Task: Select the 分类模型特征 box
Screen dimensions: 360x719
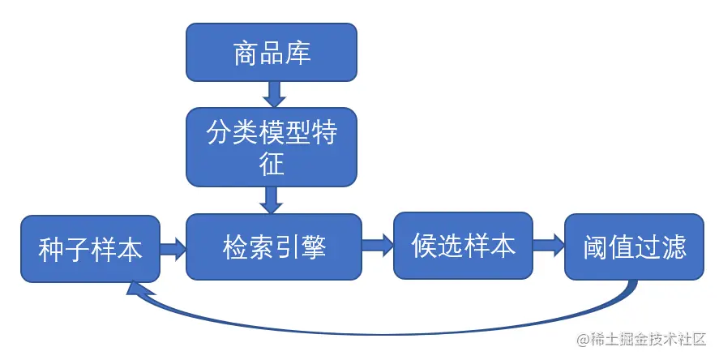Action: pyautogui.click(x=272, y=147)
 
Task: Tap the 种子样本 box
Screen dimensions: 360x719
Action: pyautogui.click(x=90, y=249)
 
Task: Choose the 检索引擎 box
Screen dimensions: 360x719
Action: pyautogui.click(x=274, y=246)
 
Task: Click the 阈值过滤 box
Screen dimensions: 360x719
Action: pyautogui.click(x=635, y=247)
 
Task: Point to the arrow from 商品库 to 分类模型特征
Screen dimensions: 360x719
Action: pyautogui.click(x=273, y=94)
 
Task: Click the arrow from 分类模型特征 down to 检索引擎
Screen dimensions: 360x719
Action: pyautogui.click(x=272, y=199)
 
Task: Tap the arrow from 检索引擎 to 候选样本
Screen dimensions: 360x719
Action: pyautogui.click(x=378, y=246)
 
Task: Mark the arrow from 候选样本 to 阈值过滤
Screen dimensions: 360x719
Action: pyautogui.click(x=549, y=246)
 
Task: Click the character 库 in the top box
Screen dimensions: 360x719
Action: pyautogui.click(x=298, y=54)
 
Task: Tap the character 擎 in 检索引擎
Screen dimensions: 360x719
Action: pyautogui.click(x=314, y=246)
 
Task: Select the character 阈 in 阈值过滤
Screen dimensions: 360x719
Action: pyautogui.click(x=596, y=248)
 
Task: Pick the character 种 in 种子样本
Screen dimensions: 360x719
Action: pyautogui.click(x=51, y=250)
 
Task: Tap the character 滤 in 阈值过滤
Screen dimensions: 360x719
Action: pyautogui.click(x=674, y=248)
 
